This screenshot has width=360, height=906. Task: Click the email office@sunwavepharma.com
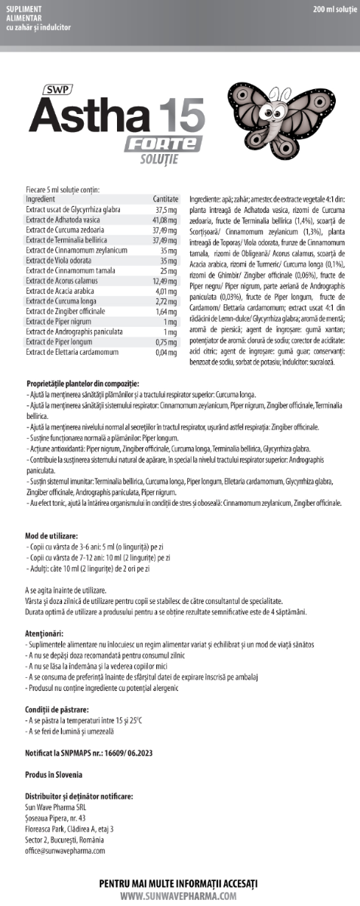pos(65,849)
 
